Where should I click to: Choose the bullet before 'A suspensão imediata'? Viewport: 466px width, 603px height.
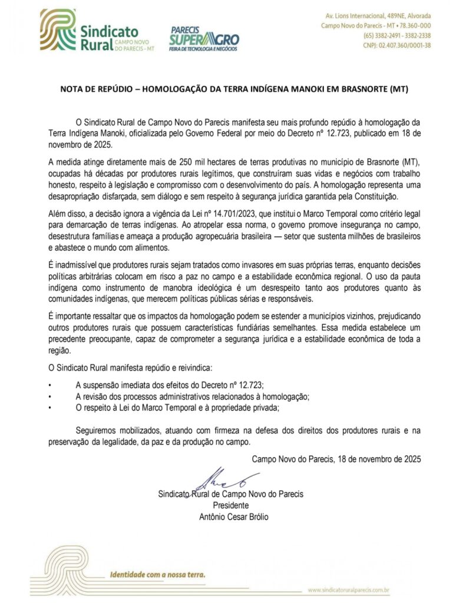point(51,385)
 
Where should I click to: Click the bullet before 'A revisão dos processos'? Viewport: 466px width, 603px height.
point(51,396)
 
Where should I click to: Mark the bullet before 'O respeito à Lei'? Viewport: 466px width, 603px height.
point(51,407)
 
